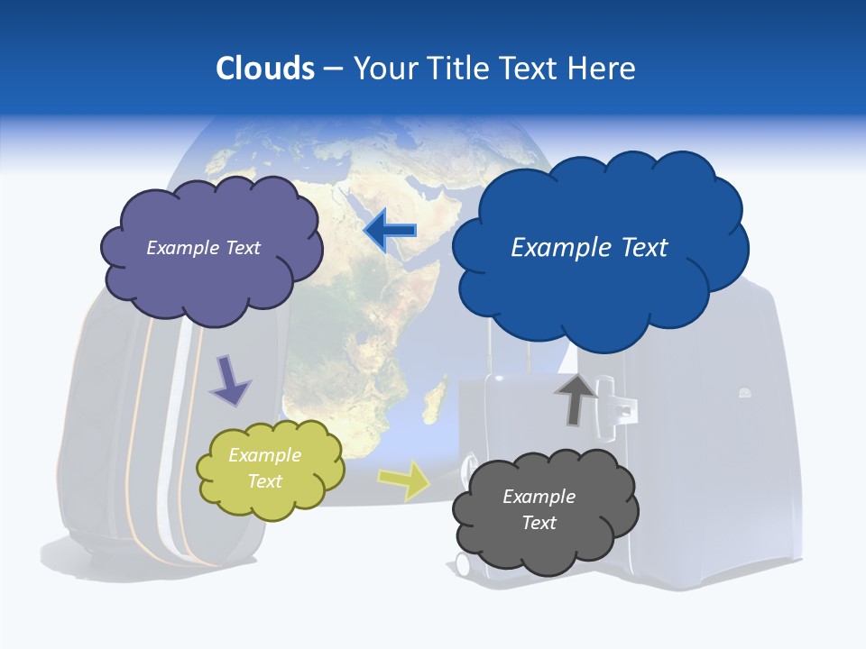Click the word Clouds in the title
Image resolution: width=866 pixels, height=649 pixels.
[265, 69]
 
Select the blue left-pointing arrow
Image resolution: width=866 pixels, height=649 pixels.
[390, 231]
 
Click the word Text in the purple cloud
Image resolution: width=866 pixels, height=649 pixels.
[242, 248]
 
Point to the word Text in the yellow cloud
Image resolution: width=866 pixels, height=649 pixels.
[264, 481]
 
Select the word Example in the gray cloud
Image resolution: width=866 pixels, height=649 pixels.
[539, 497]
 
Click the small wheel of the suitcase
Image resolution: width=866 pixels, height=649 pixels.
[463, 564]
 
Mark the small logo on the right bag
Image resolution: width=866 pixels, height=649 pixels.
[745, 393]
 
